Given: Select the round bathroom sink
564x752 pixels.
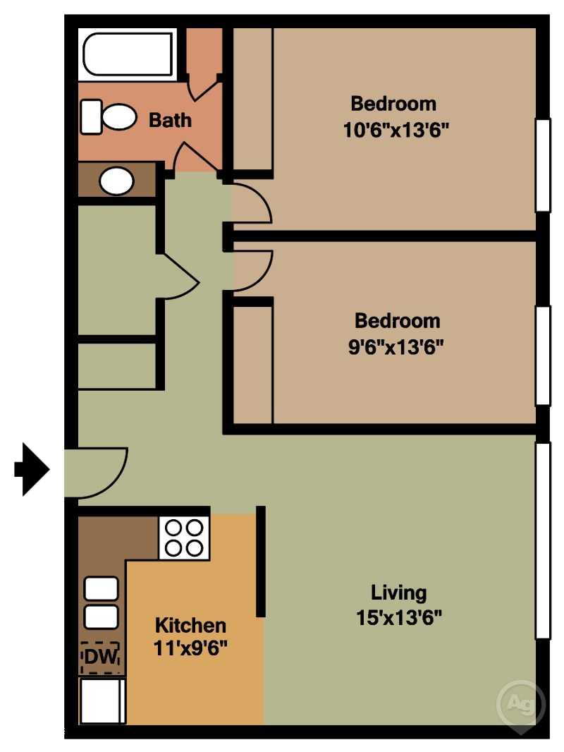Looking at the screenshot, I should (x=116, y=181).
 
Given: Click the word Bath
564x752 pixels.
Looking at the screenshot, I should (x=170, y=120).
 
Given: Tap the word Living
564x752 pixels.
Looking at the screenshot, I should (x=399, y=592).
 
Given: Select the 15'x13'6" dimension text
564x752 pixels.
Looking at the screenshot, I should (x=399, y=618).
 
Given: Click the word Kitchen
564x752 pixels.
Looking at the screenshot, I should (x=190, y=625).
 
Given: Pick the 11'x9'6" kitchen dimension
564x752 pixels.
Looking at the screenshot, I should (x=190, y=648).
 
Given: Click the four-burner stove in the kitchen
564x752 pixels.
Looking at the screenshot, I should (x=184, y=538).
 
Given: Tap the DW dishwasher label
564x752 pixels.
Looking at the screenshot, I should (x=100, y=657).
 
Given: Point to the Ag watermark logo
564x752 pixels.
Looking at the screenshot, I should (x=520, y=703).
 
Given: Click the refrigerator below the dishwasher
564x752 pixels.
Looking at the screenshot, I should (x=102, y=700).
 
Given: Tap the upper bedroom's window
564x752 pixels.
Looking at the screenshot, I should (x=542, y=165).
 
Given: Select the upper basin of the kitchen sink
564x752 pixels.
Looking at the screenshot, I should (x=101, y=588).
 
